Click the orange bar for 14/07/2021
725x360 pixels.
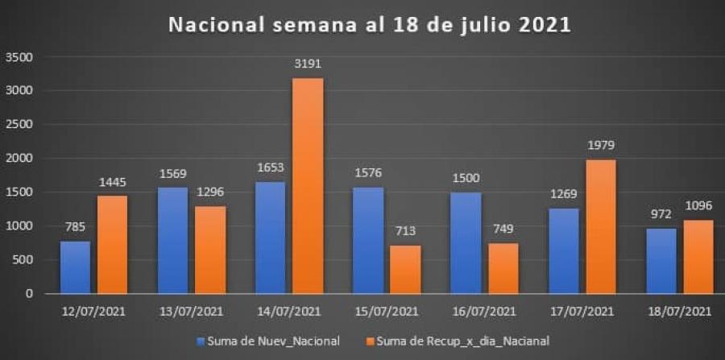coord(308,186)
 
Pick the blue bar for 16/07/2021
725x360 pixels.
coord(466,243)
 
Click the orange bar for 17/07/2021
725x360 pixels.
coord(599,226)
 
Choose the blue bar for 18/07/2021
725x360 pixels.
coord(661,261)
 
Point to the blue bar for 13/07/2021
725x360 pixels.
coord(173,241)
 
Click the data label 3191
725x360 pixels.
coord(308,62)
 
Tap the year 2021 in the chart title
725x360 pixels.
coord(543,25)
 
